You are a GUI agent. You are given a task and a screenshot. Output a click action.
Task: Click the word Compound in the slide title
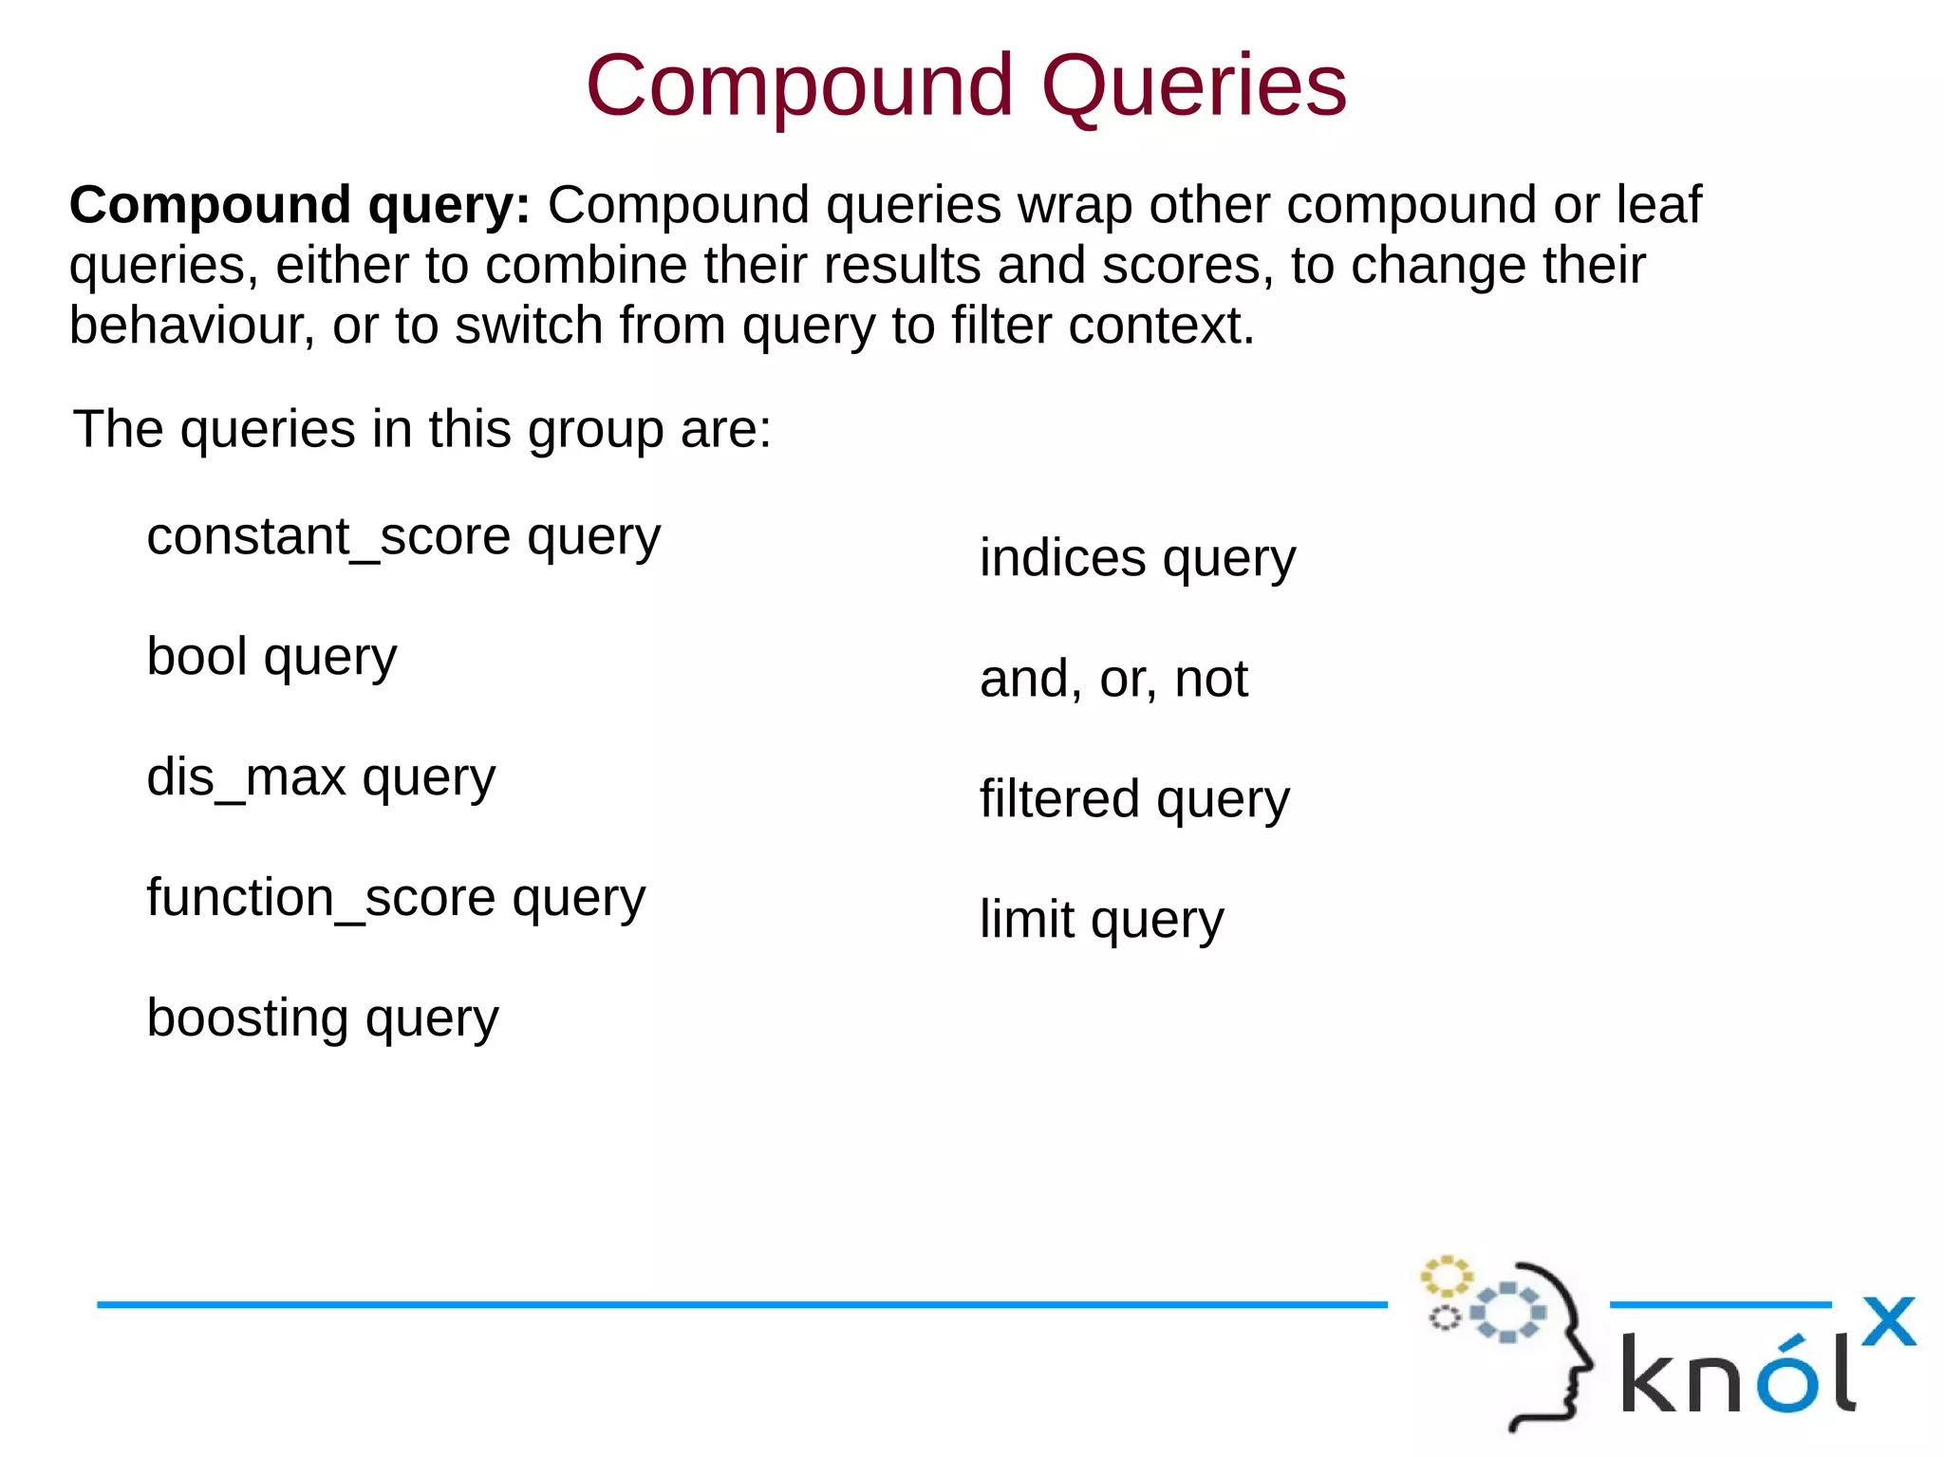799,87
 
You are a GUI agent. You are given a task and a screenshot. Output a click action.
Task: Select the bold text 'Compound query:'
299,205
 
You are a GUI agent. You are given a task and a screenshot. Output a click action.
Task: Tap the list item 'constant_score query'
403,537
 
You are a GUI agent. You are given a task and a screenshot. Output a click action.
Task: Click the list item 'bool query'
271,657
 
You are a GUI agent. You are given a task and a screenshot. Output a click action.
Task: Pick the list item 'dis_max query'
321,777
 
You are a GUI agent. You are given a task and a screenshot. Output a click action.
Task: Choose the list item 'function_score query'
396,898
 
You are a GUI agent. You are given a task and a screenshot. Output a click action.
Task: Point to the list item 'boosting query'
323,1018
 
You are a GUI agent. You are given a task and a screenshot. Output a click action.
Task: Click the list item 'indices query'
1137,558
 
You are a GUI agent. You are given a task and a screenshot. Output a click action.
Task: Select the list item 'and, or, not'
1113,679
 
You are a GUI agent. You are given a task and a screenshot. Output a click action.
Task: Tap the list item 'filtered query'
1134,799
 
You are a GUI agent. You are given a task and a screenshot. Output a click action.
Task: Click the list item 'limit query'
1101,920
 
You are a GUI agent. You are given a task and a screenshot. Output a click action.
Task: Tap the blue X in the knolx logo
1888,1321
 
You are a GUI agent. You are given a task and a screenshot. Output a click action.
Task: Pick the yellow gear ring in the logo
1446,1277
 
